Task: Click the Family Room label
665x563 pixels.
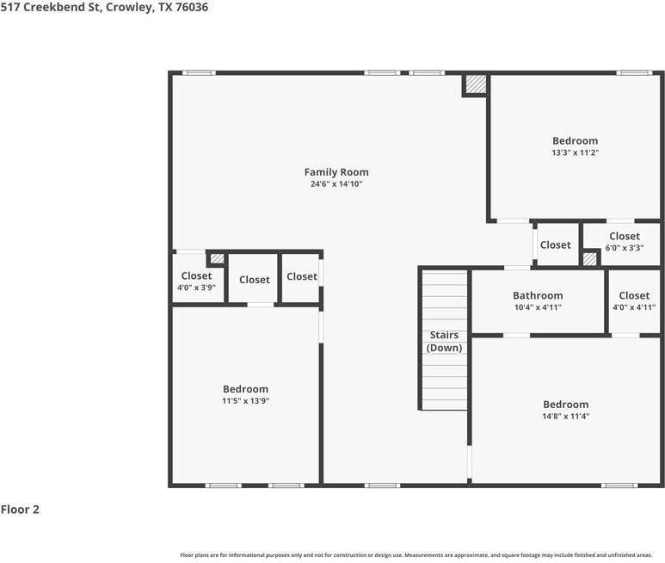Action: [x=336, y=172]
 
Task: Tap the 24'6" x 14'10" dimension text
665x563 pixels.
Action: [x=336, y=184]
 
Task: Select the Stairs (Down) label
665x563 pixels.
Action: [x=444, y=342]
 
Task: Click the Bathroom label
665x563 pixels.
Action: [x=538, y=295]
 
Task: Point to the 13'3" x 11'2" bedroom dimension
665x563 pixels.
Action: [x=575, y=152]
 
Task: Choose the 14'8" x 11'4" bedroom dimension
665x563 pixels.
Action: [x=565, y=417]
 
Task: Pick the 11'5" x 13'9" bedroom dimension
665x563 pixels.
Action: [x=245, y=401]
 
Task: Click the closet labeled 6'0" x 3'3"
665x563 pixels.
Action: [x=624, y=242]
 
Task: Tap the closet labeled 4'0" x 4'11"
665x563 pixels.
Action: [x=634, y=301]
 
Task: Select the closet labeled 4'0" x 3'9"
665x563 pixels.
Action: [x=196, y=282]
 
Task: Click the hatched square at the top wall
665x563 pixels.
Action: [x=475, y=84]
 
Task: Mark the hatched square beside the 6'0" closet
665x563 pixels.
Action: [x=590, y=258]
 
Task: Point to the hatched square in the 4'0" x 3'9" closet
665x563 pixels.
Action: [x=218, y=257]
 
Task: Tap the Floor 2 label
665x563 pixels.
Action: [x=20, y=510]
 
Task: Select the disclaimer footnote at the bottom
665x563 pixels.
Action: [x=416, y=555]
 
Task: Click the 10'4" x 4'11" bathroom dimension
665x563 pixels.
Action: [x=538, y=307]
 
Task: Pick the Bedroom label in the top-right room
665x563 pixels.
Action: [x=575, y=140]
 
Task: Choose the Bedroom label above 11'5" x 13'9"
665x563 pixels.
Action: [x=245, y=389]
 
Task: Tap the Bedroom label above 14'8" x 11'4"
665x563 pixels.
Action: [x=565, y=405]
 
